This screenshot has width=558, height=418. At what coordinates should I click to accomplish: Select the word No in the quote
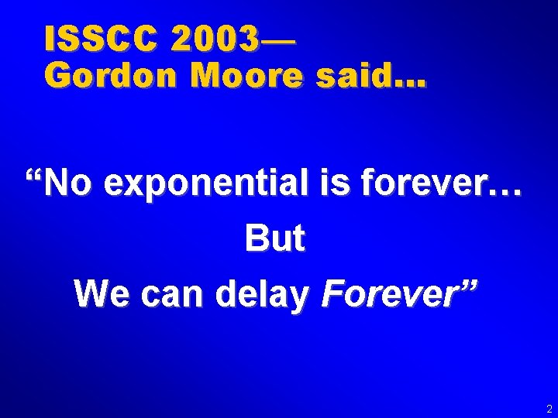click(70, 185)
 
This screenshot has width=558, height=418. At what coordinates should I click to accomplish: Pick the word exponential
click(209, 187)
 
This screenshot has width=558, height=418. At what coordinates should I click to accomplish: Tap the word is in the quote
click(341, 185)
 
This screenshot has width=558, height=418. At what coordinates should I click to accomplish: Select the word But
click(274, 239)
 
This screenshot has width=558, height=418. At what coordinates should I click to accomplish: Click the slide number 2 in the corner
click(549, 408)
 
